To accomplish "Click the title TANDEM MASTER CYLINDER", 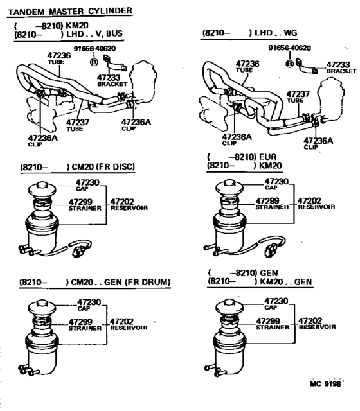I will [70, 11].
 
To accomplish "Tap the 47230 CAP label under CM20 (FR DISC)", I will [89, 185].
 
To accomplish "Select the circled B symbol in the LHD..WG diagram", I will [290, 64].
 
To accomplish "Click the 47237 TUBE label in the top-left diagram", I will [76, 125].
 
